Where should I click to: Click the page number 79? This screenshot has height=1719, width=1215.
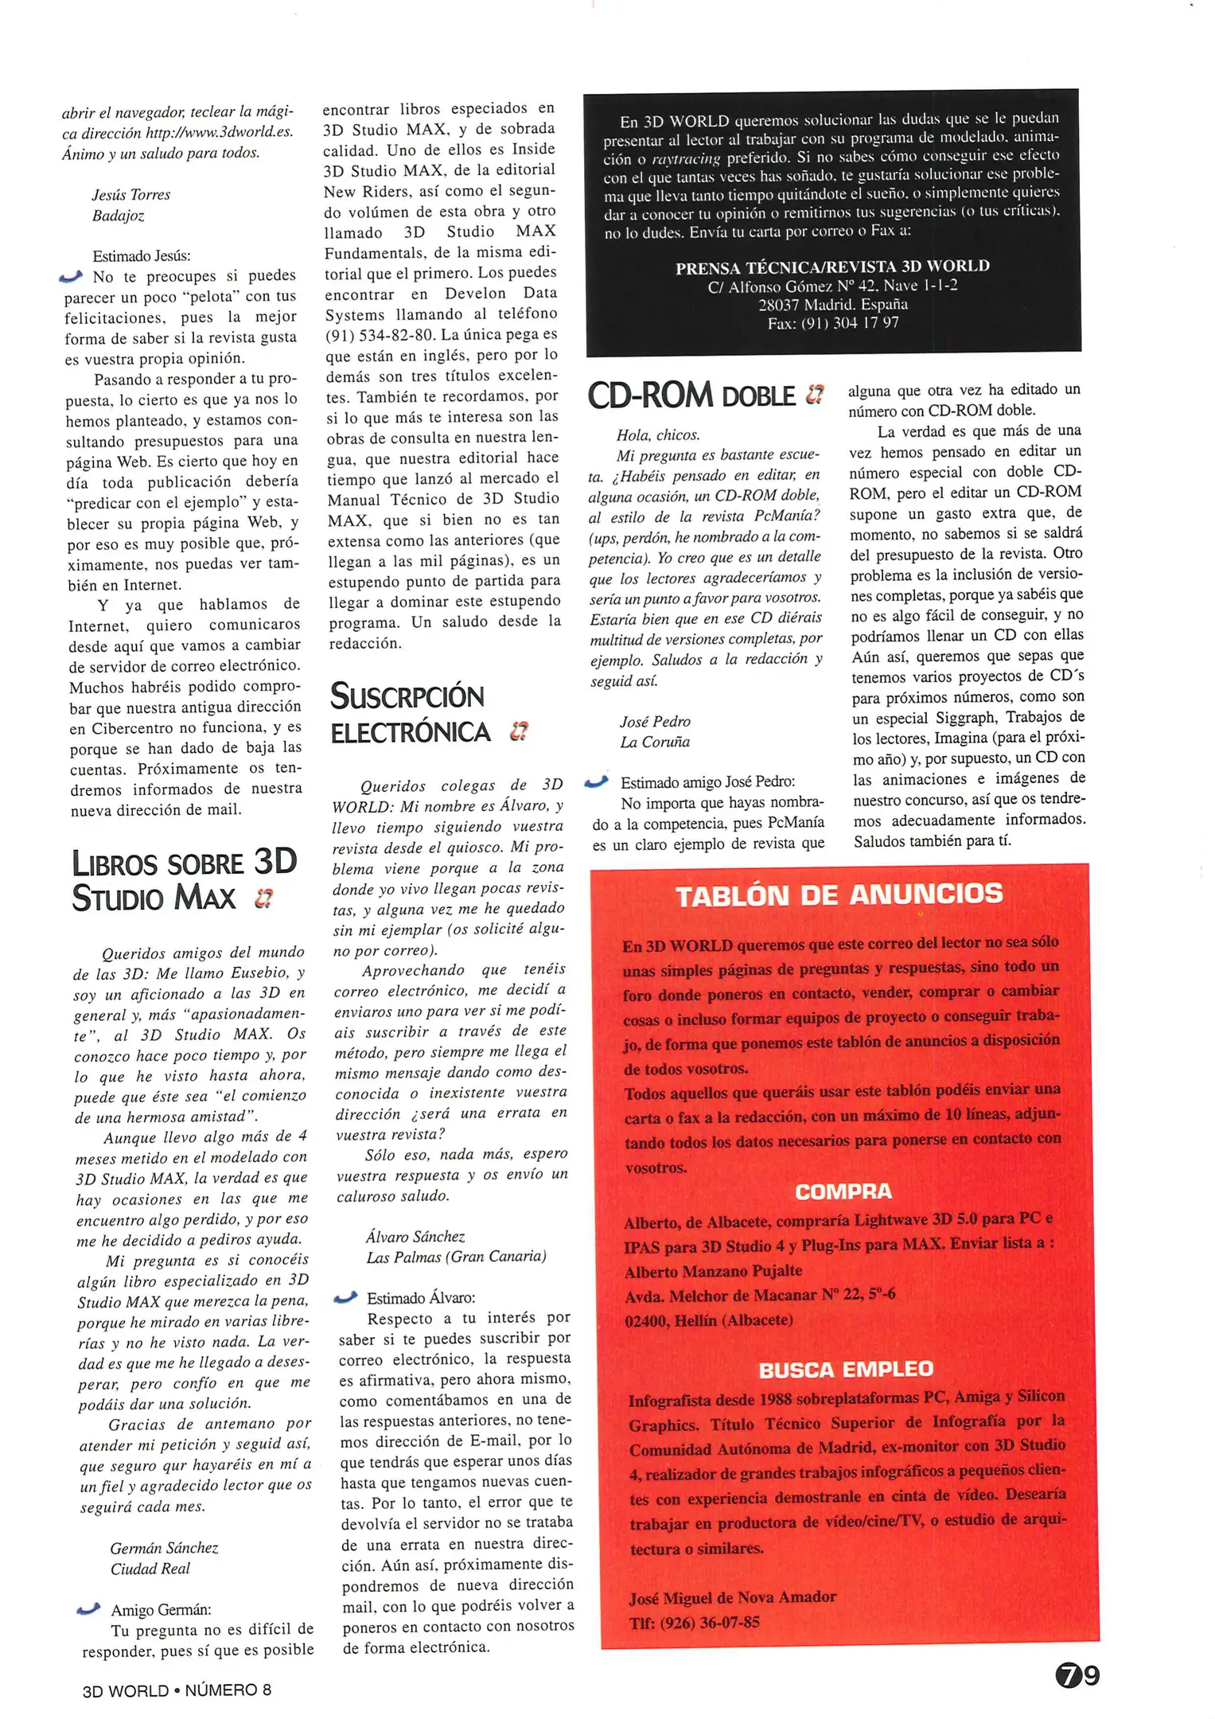point(1077,1675)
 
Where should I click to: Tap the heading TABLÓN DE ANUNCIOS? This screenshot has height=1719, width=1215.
point(839,895)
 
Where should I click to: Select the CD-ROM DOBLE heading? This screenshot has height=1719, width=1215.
point(691,396)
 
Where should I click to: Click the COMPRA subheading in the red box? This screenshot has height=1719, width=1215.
point(843,1191)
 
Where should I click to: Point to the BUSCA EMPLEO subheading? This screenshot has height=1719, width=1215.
point(845,1369)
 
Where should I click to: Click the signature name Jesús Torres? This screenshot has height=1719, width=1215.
point(130,195)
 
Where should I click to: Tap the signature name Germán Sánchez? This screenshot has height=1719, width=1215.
point(164,1548)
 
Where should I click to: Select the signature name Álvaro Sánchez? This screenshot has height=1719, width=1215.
point(415,1237)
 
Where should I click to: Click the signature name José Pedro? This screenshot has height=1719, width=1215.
point(655,722)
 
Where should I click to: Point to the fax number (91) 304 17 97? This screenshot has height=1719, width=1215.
point(833,323)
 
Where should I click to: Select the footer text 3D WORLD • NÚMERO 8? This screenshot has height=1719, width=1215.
point(177,1690)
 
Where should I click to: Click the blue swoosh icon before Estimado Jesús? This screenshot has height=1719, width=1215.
point(71,277)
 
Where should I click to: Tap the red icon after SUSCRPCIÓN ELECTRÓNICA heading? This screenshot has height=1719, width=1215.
point(519,731)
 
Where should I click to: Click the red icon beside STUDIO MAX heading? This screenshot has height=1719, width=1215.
point(263,898)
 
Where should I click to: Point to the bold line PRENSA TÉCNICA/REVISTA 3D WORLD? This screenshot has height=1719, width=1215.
point(832,267)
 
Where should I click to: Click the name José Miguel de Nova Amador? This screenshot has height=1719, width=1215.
point(732,1597)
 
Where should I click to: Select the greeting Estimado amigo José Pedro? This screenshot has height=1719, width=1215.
point(707,782)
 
